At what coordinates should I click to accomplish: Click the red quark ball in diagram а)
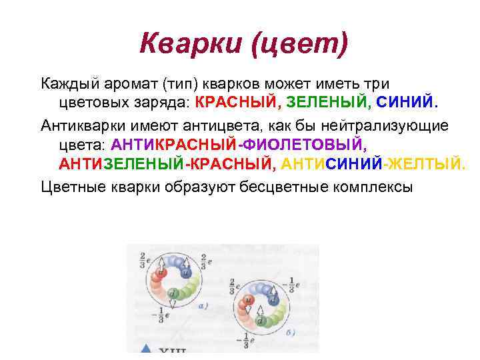[x=160, y=273]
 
